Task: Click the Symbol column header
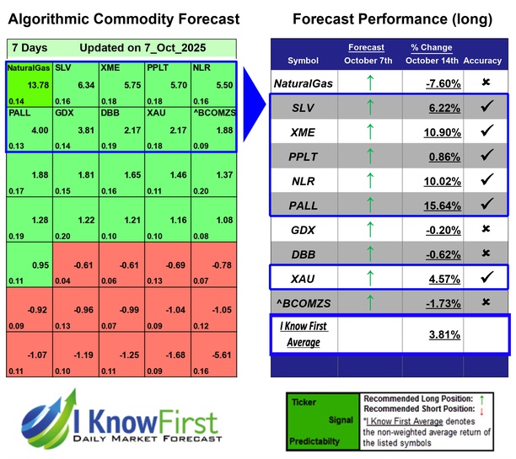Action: click(304, 61)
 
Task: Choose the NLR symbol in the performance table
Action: click(304, 179)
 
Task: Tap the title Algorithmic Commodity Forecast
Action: click(123, 19)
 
